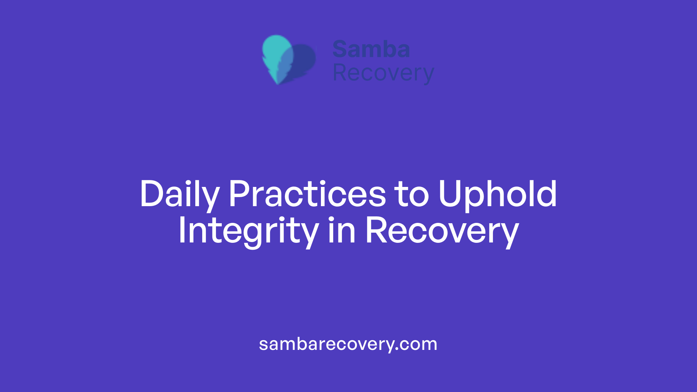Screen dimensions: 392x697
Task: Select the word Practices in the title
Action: [x=307, y=195]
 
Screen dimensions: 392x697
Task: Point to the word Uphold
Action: [x=497, y=195]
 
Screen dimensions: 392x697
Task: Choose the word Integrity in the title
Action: [x=248, y=231]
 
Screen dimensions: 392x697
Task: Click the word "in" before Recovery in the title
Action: [x=342, y=230]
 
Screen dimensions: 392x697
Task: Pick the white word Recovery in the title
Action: [x=442, y=231]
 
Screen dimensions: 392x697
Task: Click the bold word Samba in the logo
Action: [x=371, y=49]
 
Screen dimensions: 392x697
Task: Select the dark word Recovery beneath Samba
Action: [x=383, y=73]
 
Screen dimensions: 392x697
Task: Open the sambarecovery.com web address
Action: [x=348, y=344]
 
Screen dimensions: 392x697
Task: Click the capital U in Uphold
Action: [x=449, y=194]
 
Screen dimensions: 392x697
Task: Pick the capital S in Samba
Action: [x=340, y=49]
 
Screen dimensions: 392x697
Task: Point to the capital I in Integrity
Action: [x=182, y=230]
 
